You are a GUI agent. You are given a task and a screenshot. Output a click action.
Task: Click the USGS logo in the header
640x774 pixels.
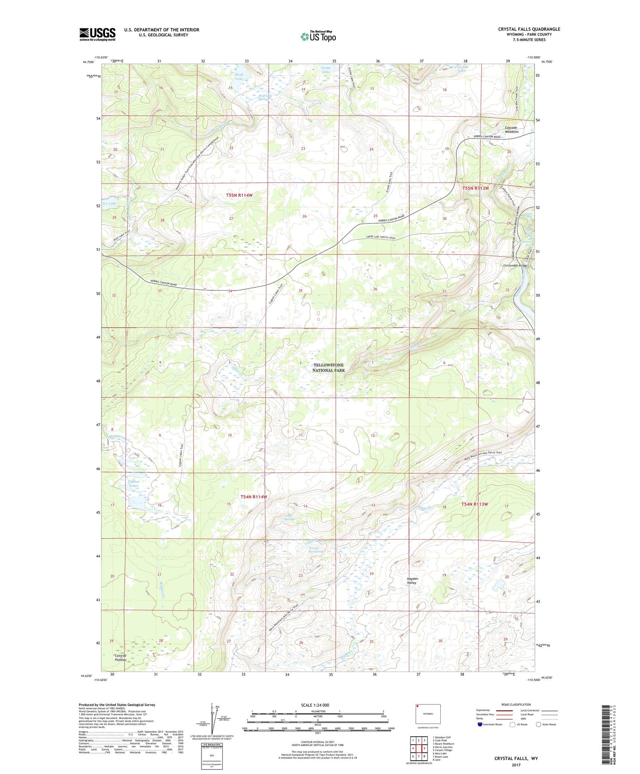click(97, 34)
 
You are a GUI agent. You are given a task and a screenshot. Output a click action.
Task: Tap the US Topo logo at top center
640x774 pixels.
click(318, 36)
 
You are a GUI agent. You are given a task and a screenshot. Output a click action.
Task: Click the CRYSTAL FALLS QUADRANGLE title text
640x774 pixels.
click(529, 29)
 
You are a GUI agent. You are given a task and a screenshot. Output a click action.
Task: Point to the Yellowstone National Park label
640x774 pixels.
click(328, 367)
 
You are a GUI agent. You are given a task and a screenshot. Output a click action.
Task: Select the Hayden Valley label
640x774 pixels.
click(412, 581)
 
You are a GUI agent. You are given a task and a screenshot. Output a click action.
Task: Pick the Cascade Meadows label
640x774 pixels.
click(511, 129)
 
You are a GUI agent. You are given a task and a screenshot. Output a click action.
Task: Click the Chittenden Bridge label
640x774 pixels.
click(515, 266)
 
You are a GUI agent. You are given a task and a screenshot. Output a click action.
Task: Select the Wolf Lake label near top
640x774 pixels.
click(239, 77)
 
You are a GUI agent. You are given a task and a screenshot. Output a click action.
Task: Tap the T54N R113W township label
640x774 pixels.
click(475, 504)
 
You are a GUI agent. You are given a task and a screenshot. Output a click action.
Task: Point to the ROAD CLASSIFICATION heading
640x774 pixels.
click(516, 704)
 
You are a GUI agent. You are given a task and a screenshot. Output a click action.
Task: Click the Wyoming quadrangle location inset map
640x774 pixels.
click(428, 715)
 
